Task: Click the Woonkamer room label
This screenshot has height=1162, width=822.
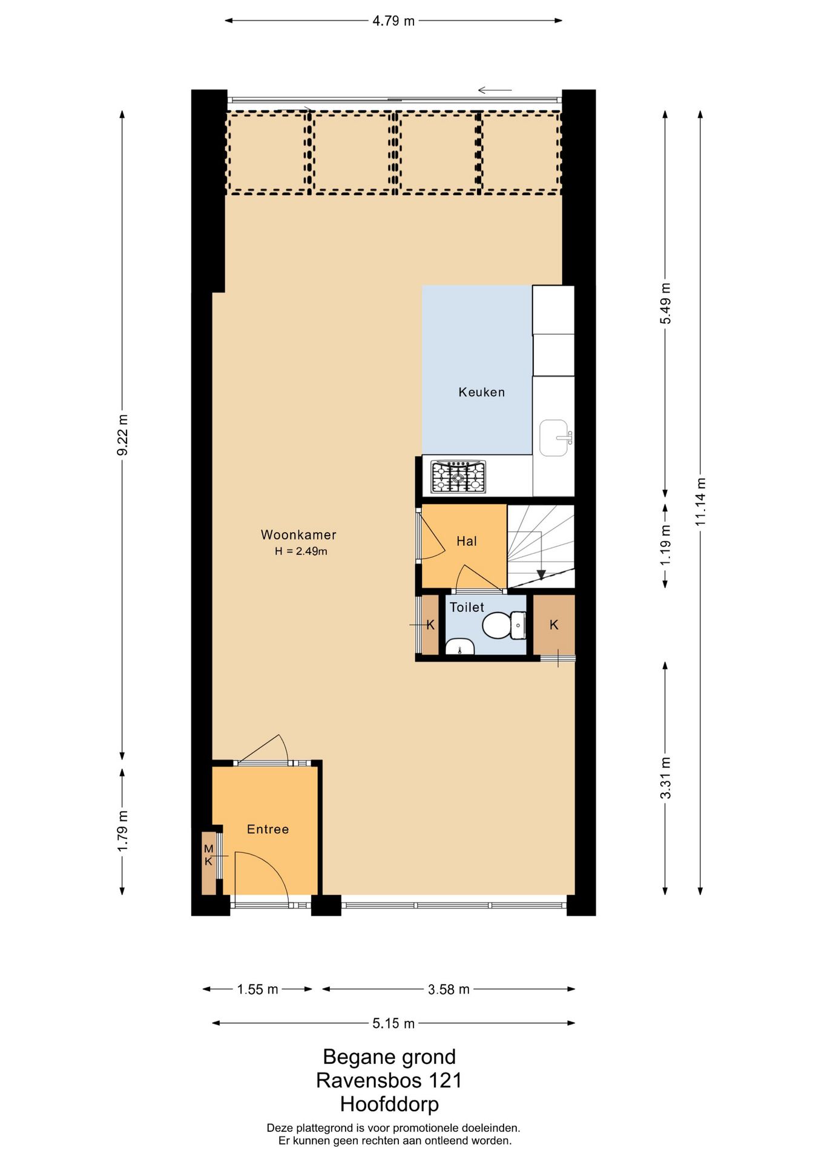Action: tap(298, 534)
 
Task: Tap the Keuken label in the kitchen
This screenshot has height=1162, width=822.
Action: tap(481, 392)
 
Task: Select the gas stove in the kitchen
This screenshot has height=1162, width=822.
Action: tap(458, 476)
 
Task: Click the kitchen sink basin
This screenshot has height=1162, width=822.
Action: tap(554, 438)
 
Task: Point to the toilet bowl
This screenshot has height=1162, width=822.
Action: tap(497, 625)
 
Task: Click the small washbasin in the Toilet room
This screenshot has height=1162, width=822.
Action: tap(460, 647)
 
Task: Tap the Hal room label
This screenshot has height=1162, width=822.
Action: tap(467, 541)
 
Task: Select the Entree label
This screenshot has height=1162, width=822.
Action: tap(268, 829)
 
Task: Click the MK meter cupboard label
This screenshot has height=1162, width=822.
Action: tap(208, 855)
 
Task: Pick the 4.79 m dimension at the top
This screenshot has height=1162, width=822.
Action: tap(393, 21)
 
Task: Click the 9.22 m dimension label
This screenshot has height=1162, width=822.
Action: tap(122, 435)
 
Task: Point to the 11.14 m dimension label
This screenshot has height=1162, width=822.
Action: tap(700, 502)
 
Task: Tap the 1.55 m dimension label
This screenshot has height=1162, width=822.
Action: tap(257, 990)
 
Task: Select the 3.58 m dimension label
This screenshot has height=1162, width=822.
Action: tap(449, 990)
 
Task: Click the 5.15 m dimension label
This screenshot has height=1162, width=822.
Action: tap(393, 1023)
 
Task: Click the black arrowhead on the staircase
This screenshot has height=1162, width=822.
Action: tap(541, 574)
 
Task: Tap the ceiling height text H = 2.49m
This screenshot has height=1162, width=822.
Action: tap(301, 551)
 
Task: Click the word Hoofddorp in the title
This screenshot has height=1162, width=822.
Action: tap(389, 1105)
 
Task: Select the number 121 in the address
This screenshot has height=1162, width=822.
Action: tap(445, 1080)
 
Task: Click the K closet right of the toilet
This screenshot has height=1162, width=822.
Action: tap(554, 625)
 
